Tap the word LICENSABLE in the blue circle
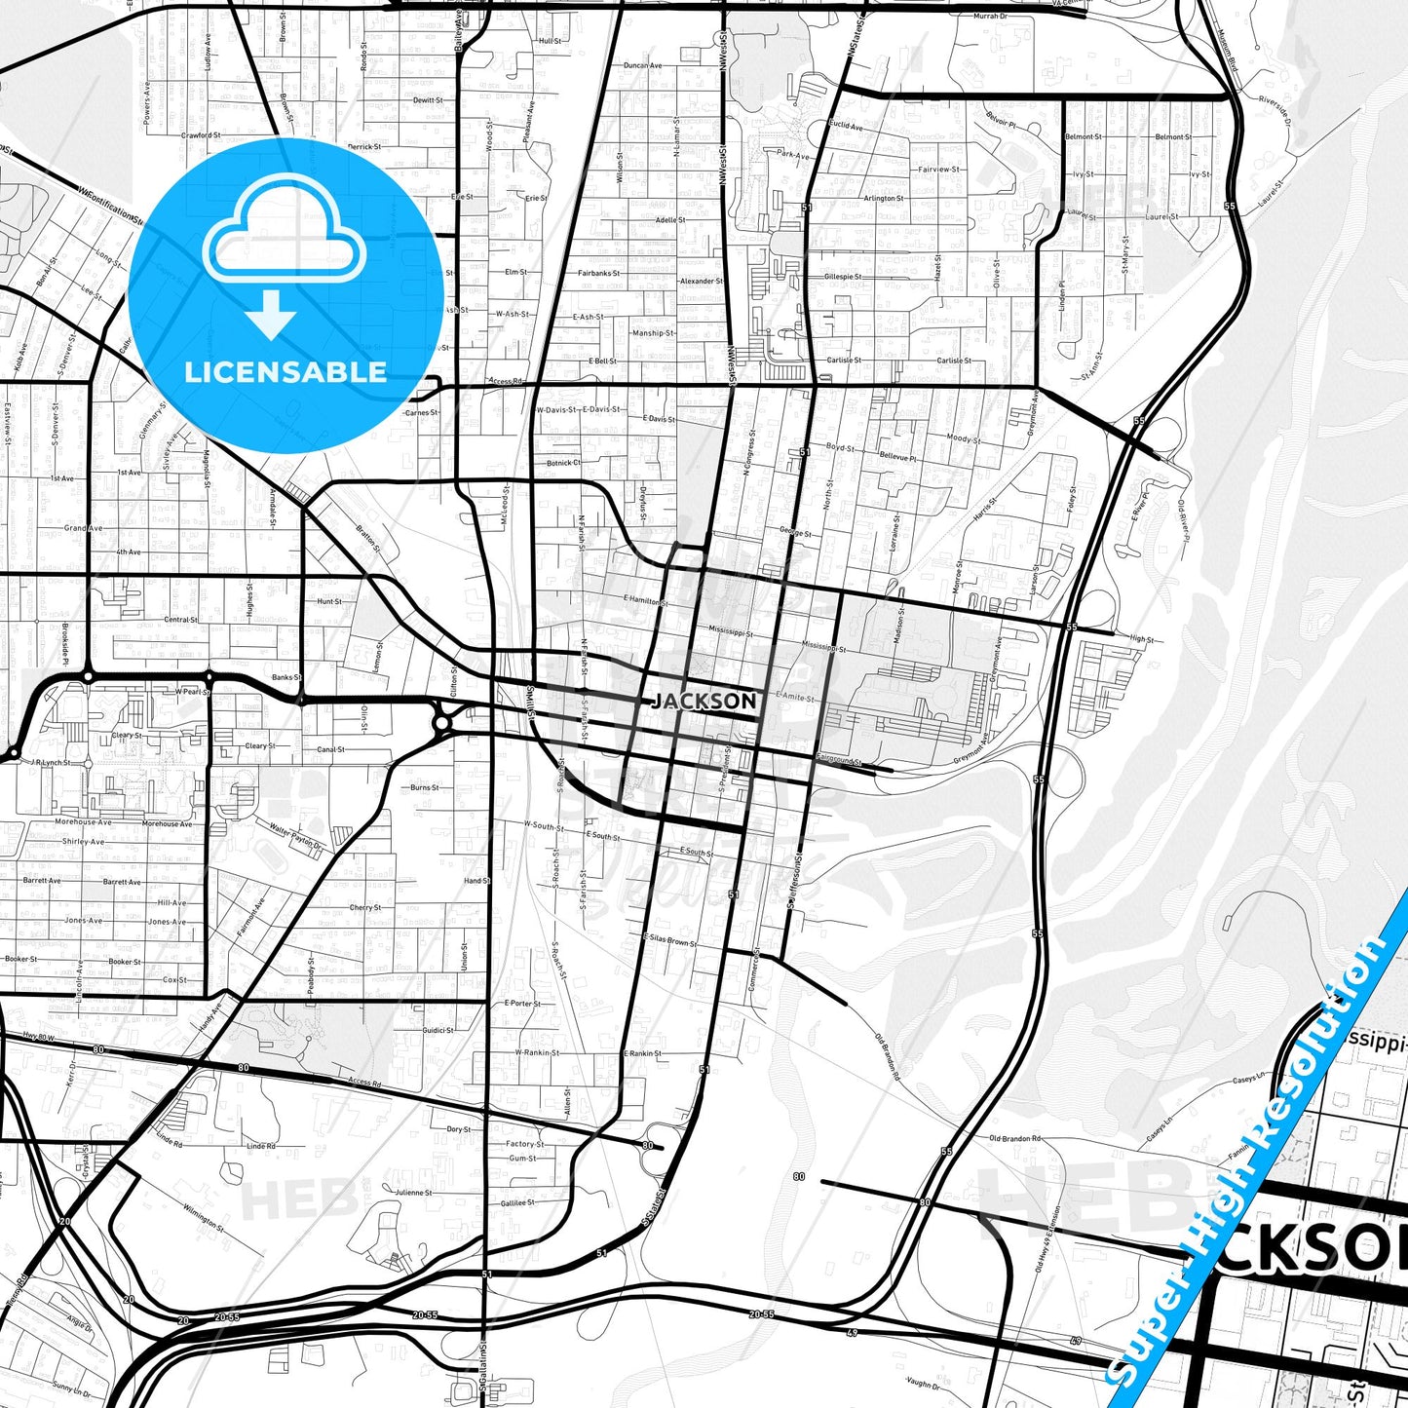click(285, 371)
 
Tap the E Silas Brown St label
click(668, 941)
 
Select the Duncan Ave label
click(642, 65)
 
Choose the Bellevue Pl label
click(897, 456)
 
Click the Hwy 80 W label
click(39, 1038)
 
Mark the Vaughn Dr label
click(921, 1384)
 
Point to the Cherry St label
click(364, 907)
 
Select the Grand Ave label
click(83, 528)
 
